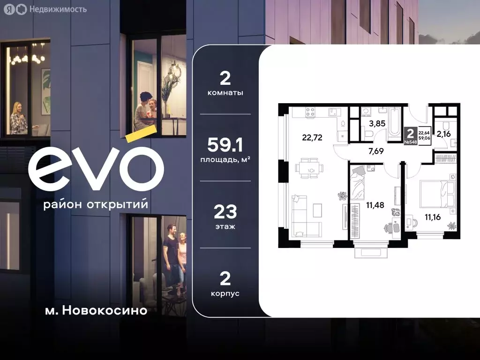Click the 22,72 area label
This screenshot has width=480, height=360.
(x=313, y=137)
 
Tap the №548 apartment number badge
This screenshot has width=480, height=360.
(x=411, y=142)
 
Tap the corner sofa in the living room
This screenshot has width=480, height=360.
(x=303, y=215)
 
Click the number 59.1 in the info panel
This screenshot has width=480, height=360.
(x=225, y=146)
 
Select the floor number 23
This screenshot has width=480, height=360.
(x=225, y=212)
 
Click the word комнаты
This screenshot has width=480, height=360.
(x=225, y=93)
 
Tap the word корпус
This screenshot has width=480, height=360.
(x=225, y=293)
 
